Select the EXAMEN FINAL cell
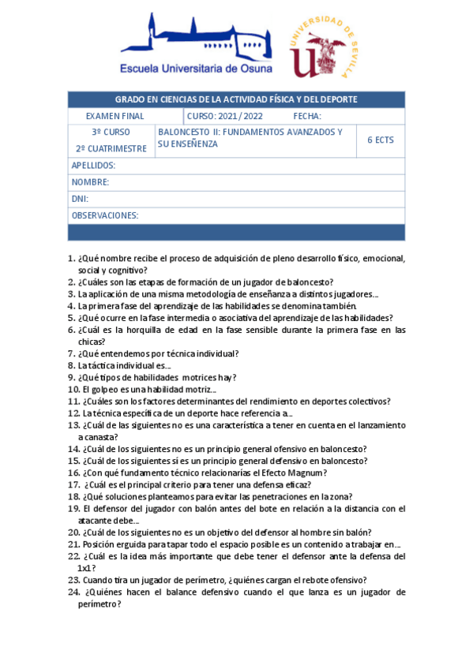[x=111, y=116]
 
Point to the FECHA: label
[x=306, y=116]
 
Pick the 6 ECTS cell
[x=380, y=140]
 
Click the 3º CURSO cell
[x=111, y=132]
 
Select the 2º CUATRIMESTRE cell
[x=111, y=148]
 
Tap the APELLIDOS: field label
[x=93, y=166]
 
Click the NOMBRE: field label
[x=90, y=182]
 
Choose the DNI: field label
[x=80, y=199]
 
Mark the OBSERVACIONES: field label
[x=105, y=215]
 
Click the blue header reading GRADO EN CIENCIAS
[x=236, y=99]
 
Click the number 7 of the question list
[x=70, y=353]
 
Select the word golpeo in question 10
[x=106, y=389]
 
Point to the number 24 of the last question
[x=73, y=592]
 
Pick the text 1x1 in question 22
[x=85, y=567]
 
